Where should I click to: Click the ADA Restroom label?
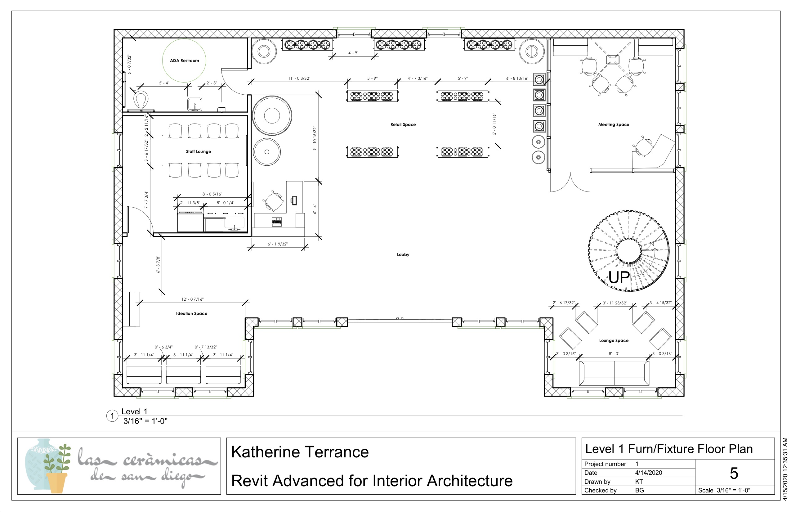[x=185, y=61]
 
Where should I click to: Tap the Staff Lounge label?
[x=199, y=152]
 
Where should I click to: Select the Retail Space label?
[x=403, y=125]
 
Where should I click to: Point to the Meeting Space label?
[x=614, y=125]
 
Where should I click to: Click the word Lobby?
[x=403, y=255]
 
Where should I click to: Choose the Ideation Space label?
[x=191, y=313]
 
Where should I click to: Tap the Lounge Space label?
[x=614, y=340]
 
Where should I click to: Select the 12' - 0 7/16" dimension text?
[x=192, y=299]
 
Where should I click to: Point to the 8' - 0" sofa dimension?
[x=614, y=353]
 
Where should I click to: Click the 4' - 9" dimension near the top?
[x=353, y=53]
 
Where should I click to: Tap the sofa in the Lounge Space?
[x=614, y=373]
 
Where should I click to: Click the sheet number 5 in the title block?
[x=734, y=474]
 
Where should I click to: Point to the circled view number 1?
[x=112, y=415]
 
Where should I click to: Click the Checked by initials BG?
[x=639, y=490]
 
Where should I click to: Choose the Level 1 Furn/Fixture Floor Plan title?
[x=669, y=449]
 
